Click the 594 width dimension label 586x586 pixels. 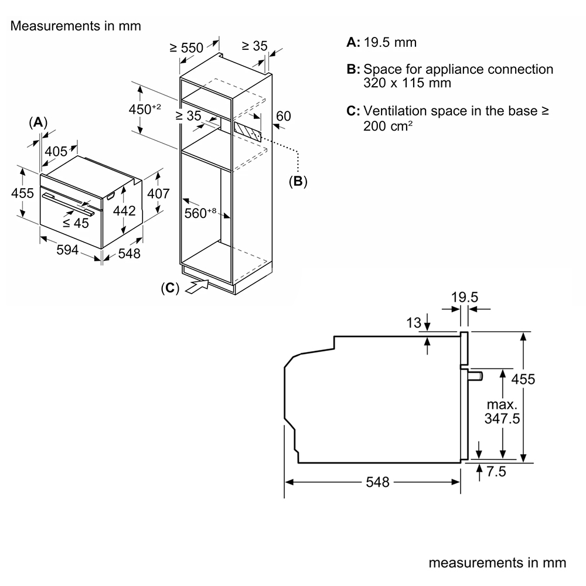67,250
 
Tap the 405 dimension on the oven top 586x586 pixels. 56,152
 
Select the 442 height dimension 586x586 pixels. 124,210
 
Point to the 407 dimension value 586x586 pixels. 158,193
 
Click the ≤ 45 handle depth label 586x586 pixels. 76,223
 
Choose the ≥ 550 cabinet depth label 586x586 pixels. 186,47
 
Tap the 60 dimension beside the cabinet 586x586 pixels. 283,116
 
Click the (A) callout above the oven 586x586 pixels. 38,122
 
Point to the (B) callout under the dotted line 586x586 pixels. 298,181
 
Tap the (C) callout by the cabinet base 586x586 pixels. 169,288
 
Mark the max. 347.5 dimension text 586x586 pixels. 501,411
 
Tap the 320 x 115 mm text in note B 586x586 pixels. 407,83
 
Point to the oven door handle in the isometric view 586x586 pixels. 64,201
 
